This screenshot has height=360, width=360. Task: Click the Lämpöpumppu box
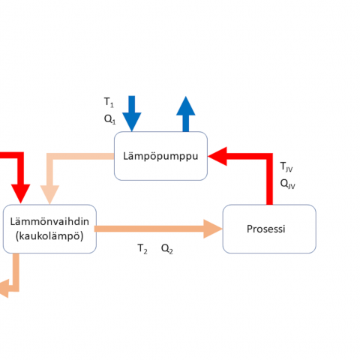160,156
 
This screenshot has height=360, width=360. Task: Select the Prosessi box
269,229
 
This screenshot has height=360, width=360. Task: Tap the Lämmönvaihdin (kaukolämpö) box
49,229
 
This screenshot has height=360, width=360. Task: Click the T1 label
109,102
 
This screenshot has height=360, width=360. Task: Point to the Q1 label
109,119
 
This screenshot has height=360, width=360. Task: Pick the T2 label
142,249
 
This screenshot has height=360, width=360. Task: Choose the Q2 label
167,249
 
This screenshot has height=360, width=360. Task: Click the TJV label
286,166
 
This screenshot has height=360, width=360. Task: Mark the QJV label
288,184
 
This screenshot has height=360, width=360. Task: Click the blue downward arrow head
132,121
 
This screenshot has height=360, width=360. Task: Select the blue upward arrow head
186,106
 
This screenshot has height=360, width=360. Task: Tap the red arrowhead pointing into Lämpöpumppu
217,156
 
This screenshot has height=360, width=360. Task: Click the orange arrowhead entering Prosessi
213,229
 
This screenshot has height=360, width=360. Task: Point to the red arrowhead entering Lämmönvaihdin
20,193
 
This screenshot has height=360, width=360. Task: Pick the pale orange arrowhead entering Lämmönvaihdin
49,195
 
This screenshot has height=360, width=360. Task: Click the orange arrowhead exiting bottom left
4,289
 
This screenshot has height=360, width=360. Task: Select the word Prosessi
266,229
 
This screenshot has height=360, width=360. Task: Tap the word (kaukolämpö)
49,236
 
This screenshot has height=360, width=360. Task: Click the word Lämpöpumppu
160,157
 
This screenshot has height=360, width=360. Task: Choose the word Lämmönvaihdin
49,222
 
